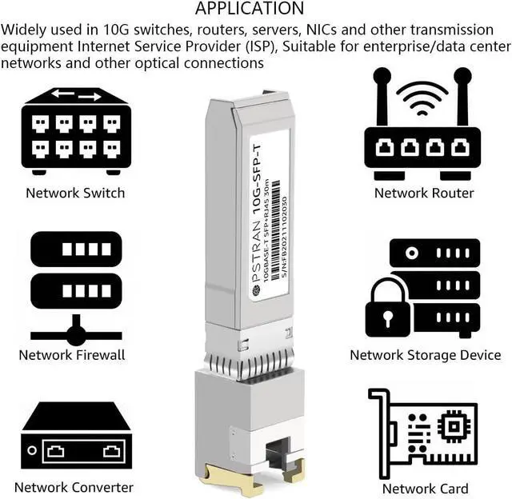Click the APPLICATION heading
[250, 9]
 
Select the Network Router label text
[424, 193]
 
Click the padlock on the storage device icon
[387, 309]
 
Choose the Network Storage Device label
[425, 355]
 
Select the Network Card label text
[425, 489]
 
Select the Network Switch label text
[75, 193]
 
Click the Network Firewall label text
[72, 355]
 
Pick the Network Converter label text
[74, 487]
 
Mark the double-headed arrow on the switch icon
[77, 96]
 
